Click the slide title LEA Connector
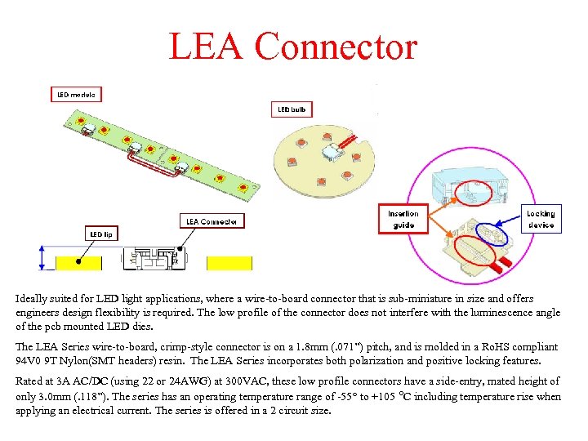[x=292, y=47]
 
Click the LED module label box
[x=76, y=94]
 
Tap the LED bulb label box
[x=291, y=109]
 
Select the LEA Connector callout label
[x=212, y=221]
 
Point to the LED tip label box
[x=102, y=234]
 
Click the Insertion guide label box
[x=403, y=219]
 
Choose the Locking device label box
[x=540, y=219]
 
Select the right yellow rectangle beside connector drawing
[x=229, y=263]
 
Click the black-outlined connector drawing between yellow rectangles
[x=154, y=258]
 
